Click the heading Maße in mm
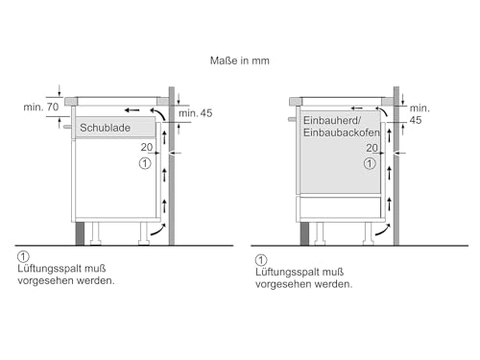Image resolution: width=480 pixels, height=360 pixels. click(x=239, y=61)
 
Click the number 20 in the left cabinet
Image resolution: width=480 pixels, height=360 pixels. click(x=145, y=148)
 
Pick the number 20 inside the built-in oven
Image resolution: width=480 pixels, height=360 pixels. click(x=370, y=149)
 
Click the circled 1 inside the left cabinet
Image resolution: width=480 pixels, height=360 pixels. click(x=144, y=164)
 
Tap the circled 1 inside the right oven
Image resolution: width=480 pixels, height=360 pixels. click(x=370, y=164)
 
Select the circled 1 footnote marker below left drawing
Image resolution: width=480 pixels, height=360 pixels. click(x=22, y=258)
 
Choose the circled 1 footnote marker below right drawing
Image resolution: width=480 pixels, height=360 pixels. click(x=259, y=260)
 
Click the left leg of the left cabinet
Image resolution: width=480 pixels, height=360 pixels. click(x=96, y=232)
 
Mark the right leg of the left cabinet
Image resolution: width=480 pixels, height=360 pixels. click(x=145, y=232)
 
